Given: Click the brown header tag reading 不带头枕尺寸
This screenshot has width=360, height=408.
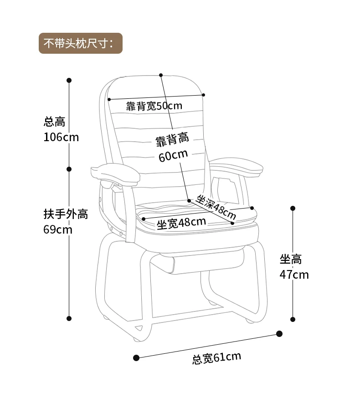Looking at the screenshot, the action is pos(81,43).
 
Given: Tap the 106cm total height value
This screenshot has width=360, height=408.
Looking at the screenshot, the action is pos(61,137).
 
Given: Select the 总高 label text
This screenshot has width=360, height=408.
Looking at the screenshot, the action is pos(54,122).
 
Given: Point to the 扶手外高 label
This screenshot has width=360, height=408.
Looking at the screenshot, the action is pos(66,214).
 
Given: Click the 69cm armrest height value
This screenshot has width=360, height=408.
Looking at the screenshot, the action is pos(58,229).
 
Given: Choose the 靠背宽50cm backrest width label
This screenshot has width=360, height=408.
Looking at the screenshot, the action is pos(154,106).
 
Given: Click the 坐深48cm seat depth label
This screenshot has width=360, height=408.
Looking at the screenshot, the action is pos(216,206).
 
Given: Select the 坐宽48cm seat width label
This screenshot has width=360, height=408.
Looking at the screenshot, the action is pos(181,223).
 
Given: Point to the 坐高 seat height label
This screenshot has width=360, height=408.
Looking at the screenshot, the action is pos(291,259).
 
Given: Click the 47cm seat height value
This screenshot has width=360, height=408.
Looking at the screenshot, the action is pos(294,275).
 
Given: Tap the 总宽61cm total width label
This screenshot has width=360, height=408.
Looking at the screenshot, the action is pos(216,358).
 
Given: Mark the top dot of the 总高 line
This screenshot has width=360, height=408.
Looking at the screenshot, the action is pos(69,80).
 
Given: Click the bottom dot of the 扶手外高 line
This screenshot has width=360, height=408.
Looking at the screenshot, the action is pos(69,318).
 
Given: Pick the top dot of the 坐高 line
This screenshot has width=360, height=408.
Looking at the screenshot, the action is pos(293,208).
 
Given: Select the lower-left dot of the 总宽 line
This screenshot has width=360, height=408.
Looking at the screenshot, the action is pos(136,358).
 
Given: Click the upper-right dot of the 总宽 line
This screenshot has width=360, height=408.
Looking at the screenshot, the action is pos(279,334).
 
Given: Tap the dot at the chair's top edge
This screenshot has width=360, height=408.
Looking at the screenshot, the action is pos(161,74).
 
